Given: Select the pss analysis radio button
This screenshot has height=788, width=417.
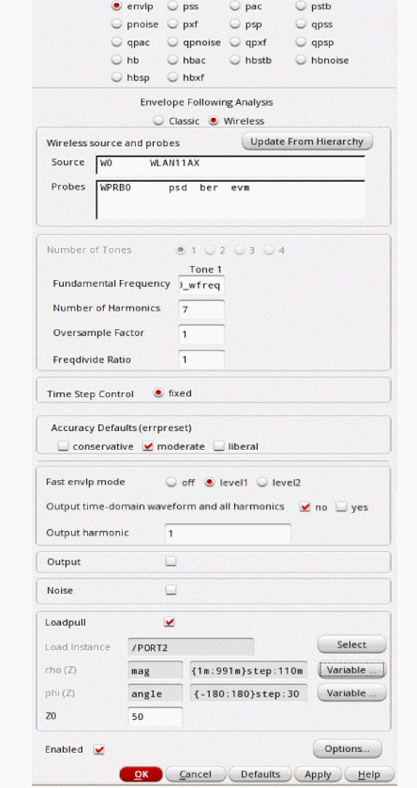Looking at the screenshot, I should click(x=172, y=6).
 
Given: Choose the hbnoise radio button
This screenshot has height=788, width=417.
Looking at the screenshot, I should click(x=301, y=60).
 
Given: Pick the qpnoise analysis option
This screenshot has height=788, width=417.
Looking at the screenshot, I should click(x=172, y=42).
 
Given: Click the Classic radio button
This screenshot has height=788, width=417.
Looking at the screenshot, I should click(x=159, y=121).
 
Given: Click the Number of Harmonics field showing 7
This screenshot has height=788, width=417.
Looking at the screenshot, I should click(x=201, y=309).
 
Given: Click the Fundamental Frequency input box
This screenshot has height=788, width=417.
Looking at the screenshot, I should click(x=201, y=284).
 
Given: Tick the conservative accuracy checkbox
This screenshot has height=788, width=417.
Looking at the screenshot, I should click(x=64, y=447).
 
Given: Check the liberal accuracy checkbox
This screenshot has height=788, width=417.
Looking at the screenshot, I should click(x=219, y=447).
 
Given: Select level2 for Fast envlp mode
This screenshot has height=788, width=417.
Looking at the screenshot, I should click(x=263, y=482).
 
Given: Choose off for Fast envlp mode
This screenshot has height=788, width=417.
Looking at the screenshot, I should click(x=171, y=482).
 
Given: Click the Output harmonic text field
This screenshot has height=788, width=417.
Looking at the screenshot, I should click(x=227, y=534).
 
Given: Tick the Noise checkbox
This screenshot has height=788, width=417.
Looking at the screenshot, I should click(x=170, y=590).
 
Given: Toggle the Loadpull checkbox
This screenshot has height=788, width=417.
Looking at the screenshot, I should click(x=169, y=622).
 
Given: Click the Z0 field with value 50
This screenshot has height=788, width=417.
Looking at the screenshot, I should click(x=155, y=717).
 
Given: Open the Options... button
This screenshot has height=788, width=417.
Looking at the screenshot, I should click(x=347, y=749).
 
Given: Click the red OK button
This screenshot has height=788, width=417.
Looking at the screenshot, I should click(x=141, y=774).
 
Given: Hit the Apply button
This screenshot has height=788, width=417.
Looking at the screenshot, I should click(x=318, y=774).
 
